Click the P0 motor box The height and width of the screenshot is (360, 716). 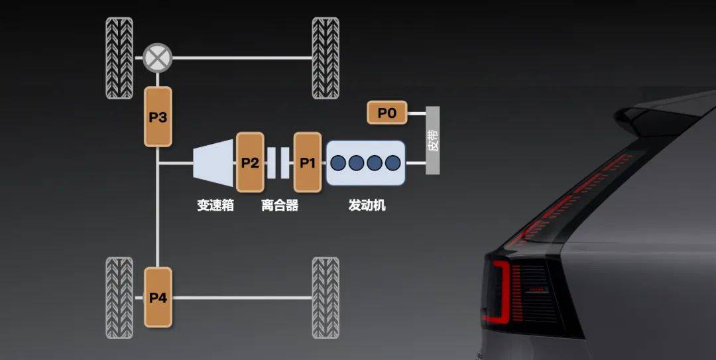pos(387,113)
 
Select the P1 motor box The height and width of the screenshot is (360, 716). pos(308,162)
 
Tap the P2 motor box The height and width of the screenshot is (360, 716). pos(250,162)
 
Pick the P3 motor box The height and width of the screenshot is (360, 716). pos(158,117)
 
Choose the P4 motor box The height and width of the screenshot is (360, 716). pos(158,298)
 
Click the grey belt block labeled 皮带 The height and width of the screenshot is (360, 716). pos(432,141)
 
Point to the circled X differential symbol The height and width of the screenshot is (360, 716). pos(157,58)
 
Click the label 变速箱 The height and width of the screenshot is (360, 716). pos(215,205)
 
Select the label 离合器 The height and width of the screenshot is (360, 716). pos(280,205)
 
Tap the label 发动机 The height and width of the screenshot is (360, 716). pos(367,205)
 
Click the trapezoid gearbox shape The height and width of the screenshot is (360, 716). pos(213,162)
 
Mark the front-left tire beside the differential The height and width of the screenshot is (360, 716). pos(119,58)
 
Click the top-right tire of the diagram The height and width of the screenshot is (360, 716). pos(326,58)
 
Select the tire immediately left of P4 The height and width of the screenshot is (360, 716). pos(119,298)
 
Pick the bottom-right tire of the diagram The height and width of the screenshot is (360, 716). pos(326,298)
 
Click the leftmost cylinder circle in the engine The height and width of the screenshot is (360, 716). pos(338,162)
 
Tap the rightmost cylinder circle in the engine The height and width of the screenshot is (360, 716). pos(392,162)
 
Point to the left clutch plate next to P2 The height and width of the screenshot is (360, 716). pos(271,162)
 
